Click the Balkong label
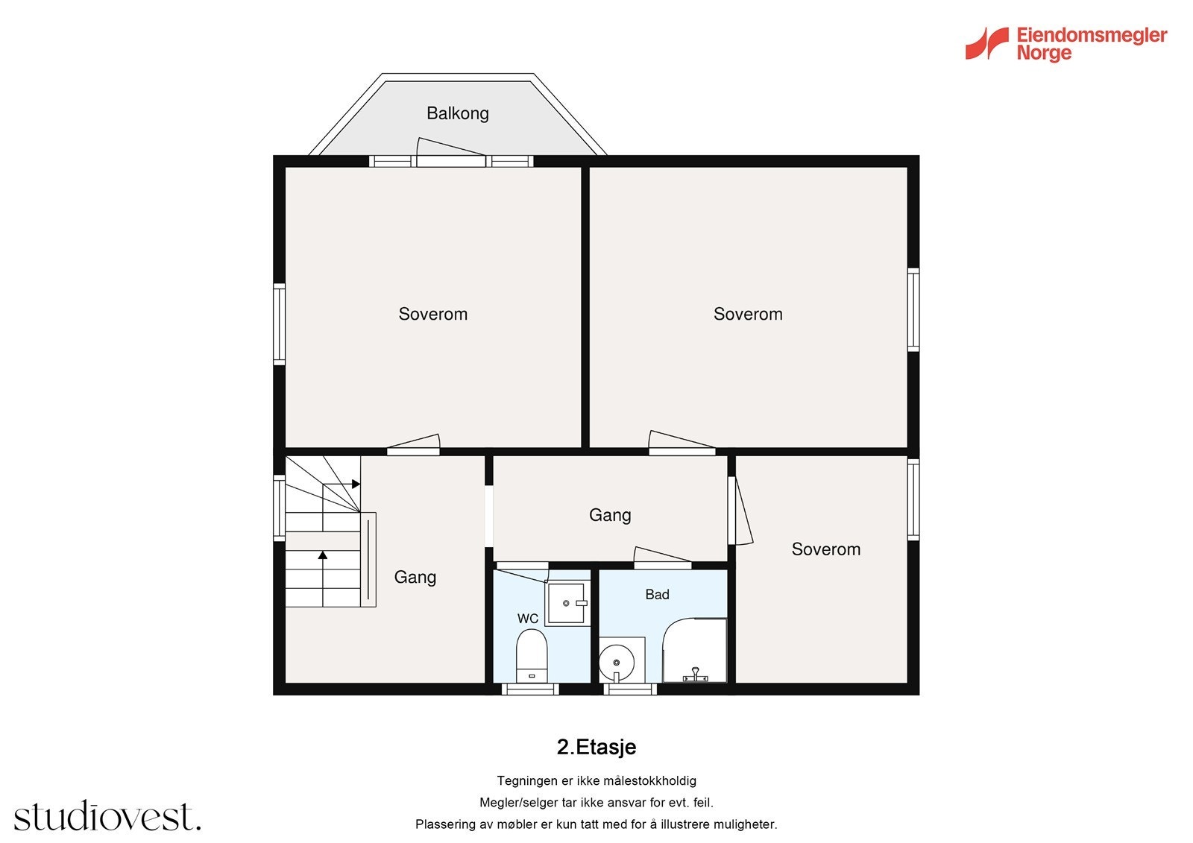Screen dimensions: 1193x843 (458, 113)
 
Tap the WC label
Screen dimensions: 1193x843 (528, 619)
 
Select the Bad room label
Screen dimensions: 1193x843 (657, 595)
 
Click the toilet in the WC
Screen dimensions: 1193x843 (532, 656)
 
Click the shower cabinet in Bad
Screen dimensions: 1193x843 (694, 651)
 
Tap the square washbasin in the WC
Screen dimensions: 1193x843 (567, 603)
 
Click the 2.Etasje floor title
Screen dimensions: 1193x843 (596, 747)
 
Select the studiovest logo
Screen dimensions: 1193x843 (107, 815)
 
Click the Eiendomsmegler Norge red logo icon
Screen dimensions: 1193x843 (987, 43)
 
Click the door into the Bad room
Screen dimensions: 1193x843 (662, 557)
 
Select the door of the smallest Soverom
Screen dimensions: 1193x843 (740, 510)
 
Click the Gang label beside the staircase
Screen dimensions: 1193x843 (415, 577)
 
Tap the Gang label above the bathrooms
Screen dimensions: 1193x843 (610, 515)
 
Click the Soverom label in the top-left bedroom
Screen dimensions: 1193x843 (433, 315)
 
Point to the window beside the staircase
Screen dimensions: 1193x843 (279, 508)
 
